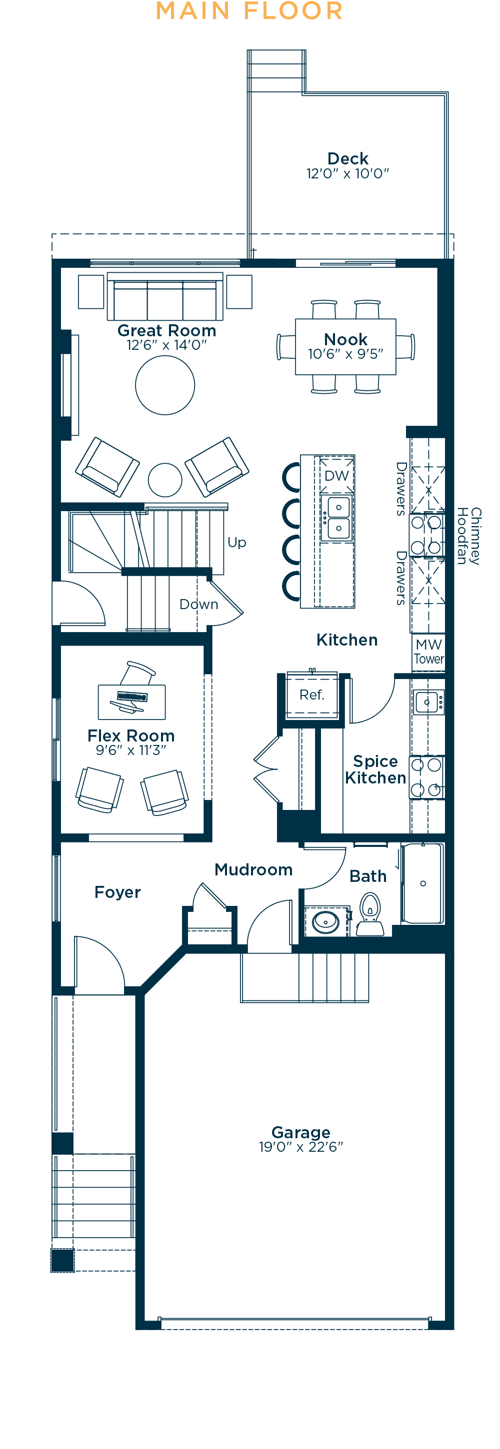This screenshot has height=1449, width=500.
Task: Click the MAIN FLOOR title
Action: (x=249, y=11)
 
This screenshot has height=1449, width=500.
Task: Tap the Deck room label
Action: (x=347, y=158)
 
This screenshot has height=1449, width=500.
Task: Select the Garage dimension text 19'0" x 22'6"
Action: (x=300, y=1146)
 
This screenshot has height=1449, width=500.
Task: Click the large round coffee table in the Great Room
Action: (x=165, y=385)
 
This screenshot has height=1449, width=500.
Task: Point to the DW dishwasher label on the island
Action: (x=336, y=475)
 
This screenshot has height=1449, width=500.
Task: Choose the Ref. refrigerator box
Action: (x=312, y=695)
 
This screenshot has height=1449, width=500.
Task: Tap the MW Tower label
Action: (x=428, y=652)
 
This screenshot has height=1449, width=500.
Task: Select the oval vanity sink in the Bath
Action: (x=325, y=922)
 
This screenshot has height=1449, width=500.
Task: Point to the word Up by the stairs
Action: (x=237, y=542)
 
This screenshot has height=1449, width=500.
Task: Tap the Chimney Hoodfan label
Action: (x=468, y=536)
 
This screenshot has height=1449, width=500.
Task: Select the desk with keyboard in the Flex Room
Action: (x=132, y=702)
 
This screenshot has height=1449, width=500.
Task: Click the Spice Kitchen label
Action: (x=375, y=769)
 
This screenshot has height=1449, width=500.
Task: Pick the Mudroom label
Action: (x=253, y=869)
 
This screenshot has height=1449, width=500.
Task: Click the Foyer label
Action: (x=117, y=892)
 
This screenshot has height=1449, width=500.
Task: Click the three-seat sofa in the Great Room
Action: (x=165, y=298)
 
